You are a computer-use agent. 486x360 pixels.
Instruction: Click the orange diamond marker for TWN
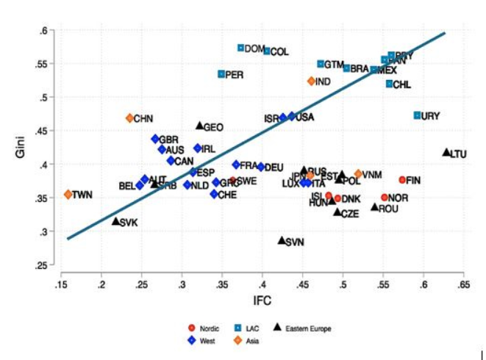68,195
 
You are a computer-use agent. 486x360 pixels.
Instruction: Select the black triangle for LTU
446,152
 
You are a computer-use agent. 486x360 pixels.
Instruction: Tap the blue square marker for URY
417,115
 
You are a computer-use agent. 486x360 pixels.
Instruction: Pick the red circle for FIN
402,180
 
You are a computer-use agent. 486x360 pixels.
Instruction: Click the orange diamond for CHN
129,118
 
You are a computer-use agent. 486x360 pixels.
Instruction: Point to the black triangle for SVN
282,240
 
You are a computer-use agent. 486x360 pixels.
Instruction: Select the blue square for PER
221,74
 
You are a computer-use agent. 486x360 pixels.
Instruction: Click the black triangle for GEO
199,126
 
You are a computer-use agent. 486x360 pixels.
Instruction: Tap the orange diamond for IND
311,81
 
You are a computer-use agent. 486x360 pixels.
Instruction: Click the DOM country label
254,48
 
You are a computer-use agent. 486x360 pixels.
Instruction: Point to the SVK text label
129,223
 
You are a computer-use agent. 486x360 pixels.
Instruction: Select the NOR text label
399,198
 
